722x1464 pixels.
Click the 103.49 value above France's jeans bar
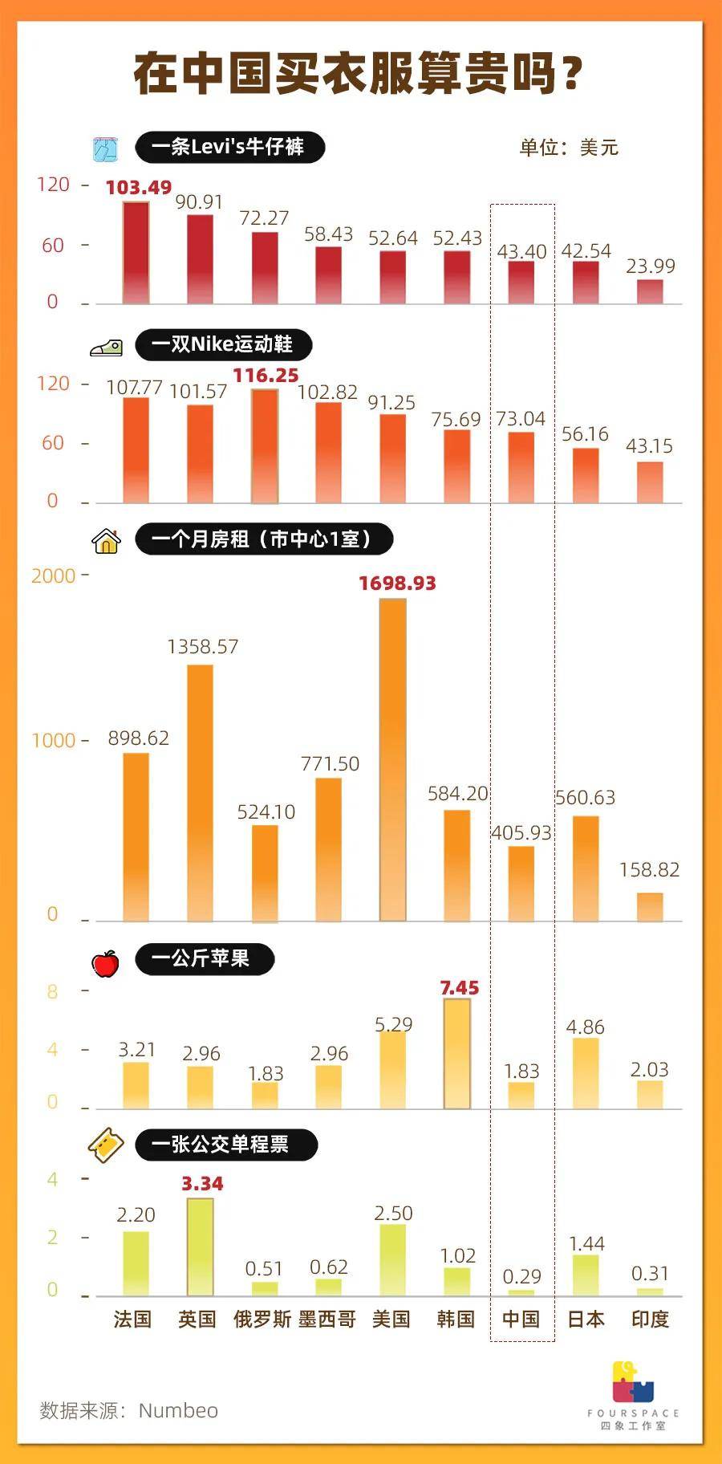coord(138,188)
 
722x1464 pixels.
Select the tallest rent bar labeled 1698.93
coord(392,758)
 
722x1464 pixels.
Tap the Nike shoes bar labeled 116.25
coord(265,446)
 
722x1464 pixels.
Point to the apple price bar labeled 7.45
coord(457,1053)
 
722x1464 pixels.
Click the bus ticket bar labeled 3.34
coord(200,1246)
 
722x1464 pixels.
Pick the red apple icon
coord(105,962)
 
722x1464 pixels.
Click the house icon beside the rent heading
coord(106,541)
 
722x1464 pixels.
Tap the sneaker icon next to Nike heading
coord(106,348)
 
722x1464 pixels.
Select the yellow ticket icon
coord(106,1145)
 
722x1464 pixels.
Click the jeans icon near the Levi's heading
coord(105,148)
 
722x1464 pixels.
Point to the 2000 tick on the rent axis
coord(53,575)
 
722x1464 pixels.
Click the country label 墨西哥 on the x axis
coord(327,1320)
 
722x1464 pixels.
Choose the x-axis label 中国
coord(521,1320)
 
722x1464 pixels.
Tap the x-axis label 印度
coord(650,1320)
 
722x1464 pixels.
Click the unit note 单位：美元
coord(568,148)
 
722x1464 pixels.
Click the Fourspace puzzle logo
coord(633,1381)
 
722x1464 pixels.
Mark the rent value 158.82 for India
coord(649,870)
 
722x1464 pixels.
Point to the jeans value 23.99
coord(650,266)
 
